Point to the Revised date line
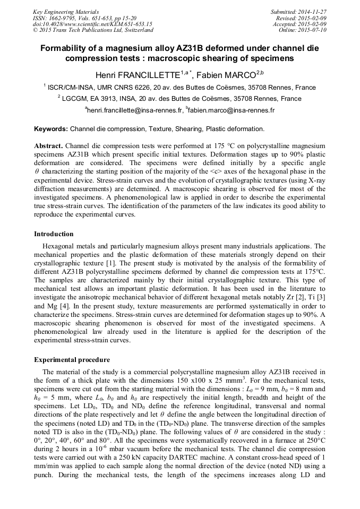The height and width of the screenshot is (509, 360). click(302, 18)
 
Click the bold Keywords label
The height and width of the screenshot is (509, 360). click(51, 129)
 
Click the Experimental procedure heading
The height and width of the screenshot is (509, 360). click(72, 360)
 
